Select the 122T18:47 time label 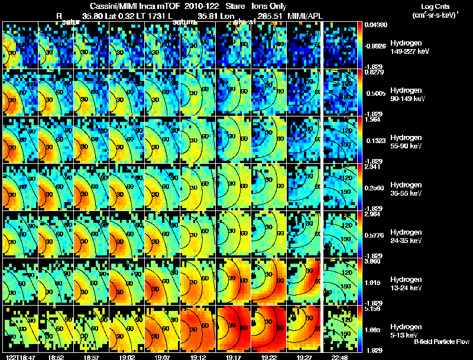[x=18, y=356]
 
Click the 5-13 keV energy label [x=404, y=335]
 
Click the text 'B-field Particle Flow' [x=442, y=342]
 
